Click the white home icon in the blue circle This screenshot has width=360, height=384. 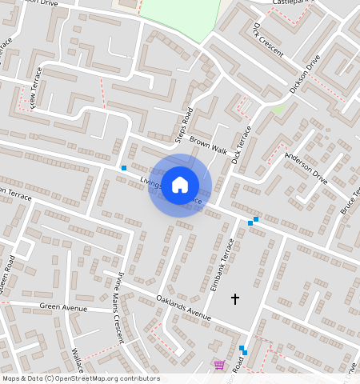(180, 184)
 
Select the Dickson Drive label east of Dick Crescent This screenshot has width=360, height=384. (305, 74)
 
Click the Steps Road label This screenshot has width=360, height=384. (184, 126)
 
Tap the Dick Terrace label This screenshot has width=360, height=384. (241, 145)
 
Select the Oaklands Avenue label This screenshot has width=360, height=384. (184, 309)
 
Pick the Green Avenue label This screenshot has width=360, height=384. (63, 307)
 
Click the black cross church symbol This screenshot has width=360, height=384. (235, 298)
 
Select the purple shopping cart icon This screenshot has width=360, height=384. (219, 366)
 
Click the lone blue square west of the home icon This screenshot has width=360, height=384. (124, 168)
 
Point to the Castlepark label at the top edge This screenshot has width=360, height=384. (291, 3)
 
